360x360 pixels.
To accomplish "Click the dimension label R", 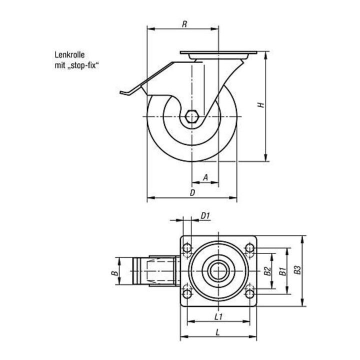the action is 184,24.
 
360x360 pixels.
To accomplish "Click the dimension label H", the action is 261,105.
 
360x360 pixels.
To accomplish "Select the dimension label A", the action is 205,177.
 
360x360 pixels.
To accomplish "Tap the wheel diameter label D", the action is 192,192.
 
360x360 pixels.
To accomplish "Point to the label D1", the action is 205,216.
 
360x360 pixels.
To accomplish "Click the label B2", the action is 267,271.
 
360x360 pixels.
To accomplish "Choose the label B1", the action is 282,271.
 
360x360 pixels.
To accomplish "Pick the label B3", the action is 297,270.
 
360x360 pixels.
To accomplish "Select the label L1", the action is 218,317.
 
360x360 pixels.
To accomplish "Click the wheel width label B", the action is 114,273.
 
